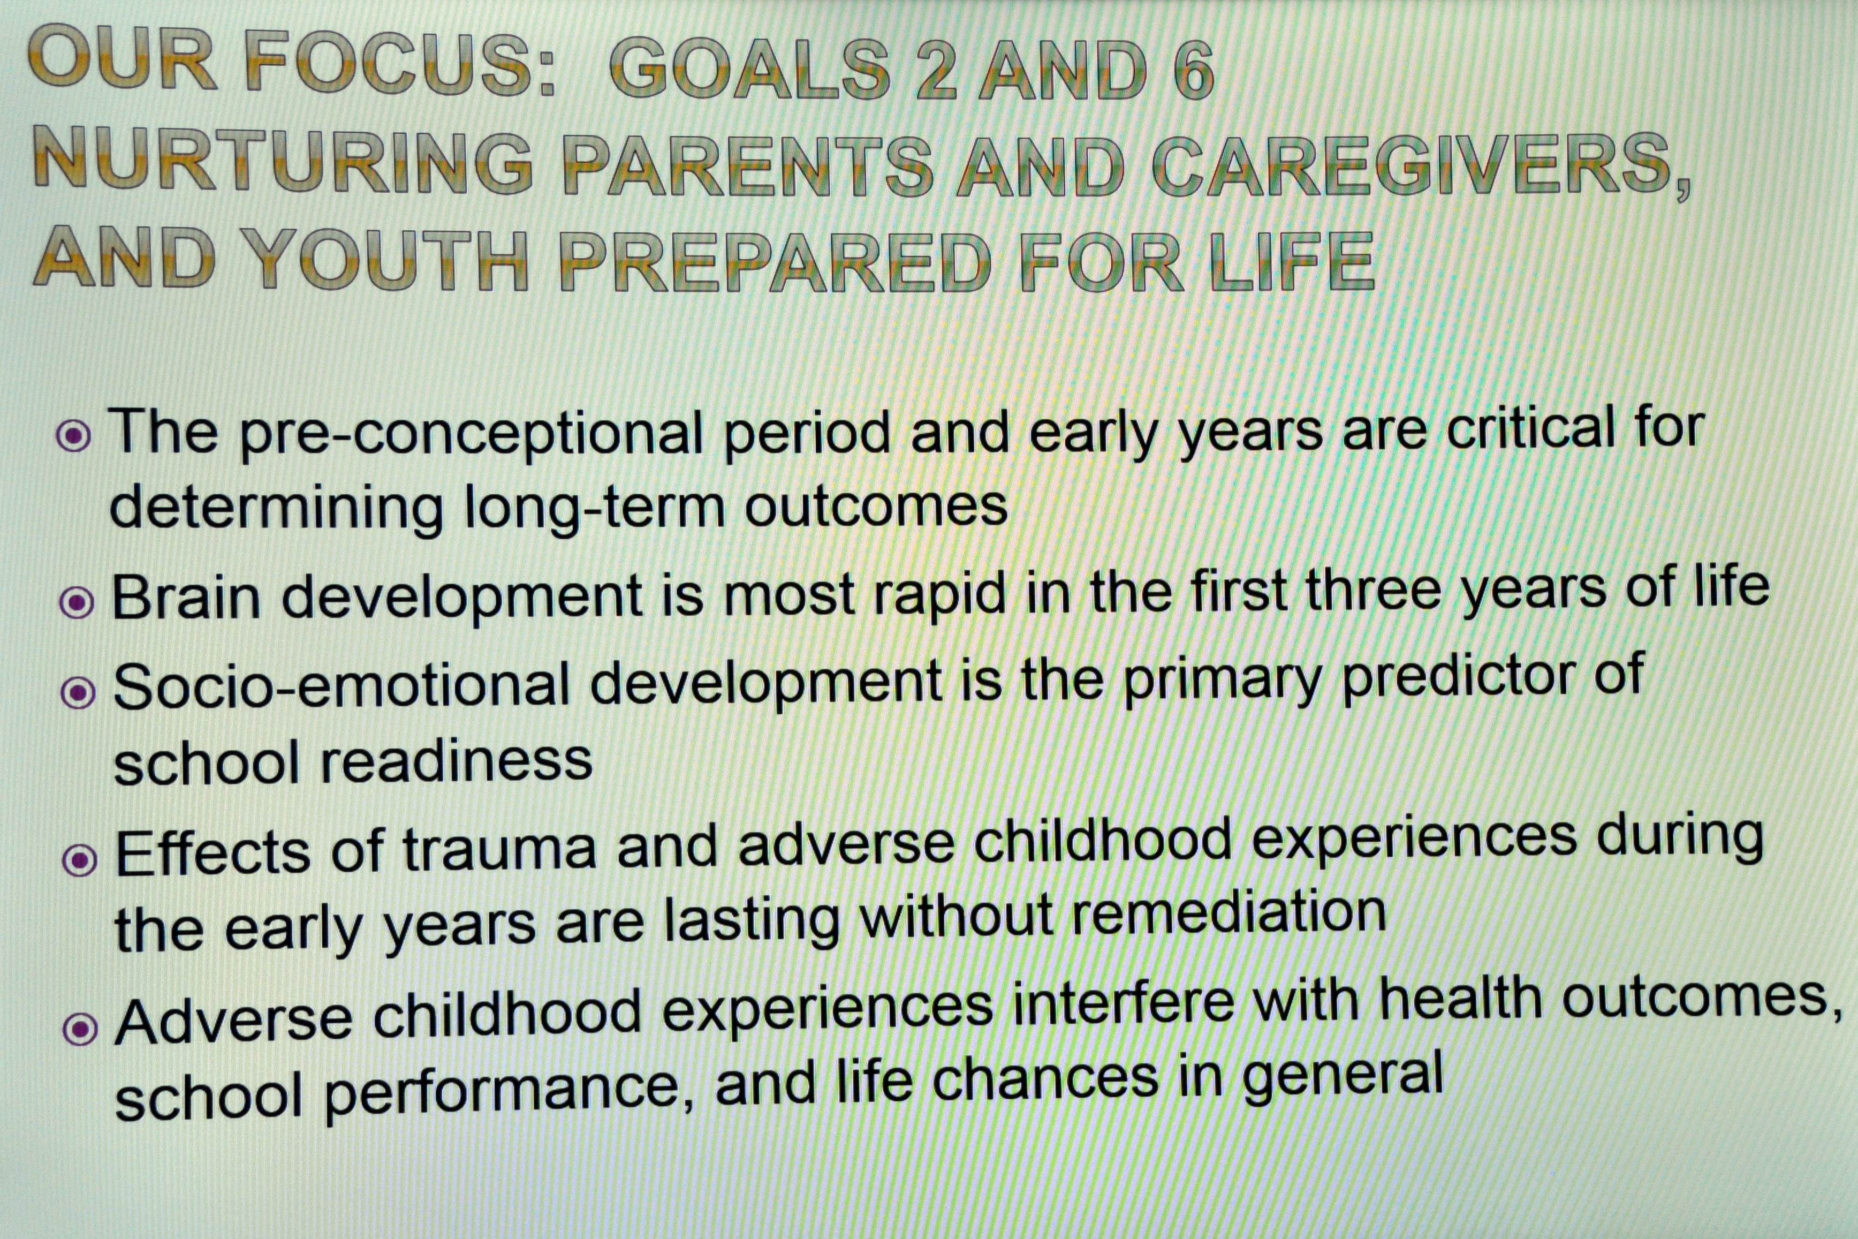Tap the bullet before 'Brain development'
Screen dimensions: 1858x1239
pyautogui.click(x=77, y=603)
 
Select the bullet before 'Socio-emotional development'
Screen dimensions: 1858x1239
pyautogui.click(x=78, y=693)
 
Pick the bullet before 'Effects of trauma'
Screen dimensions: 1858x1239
pyautogui.click(x=79, y=860)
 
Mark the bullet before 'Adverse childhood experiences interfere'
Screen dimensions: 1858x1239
pyautogui.click(x=80, y=1029)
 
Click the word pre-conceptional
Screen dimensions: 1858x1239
pyautogui.click(x=472, y=435)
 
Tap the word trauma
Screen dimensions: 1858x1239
pyautogui.click(x=499, y=849)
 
